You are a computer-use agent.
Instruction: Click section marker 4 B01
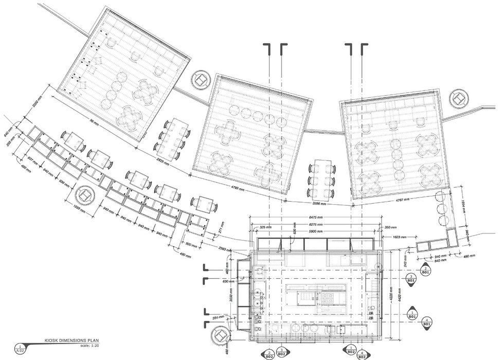tap(426, 325)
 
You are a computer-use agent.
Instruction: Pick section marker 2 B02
tap(269, 354)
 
